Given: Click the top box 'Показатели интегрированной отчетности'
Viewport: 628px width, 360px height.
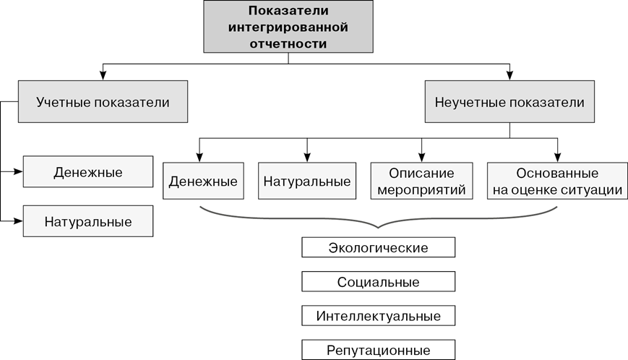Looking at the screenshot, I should (x=288, y=27).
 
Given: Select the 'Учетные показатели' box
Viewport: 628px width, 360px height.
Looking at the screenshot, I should (x=103, y=102).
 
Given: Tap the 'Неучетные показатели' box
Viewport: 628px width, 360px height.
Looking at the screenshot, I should (x=509, y=102).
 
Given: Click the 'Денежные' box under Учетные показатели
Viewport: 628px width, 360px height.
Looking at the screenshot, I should (x=87, y=173).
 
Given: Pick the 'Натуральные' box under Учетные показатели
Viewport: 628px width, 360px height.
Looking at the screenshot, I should (x=87, y=221).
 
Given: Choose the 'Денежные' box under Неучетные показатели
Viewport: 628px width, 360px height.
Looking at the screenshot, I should (x=203, y=181).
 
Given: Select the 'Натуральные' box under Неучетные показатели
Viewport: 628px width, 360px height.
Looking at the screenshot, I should (x=307, y=181).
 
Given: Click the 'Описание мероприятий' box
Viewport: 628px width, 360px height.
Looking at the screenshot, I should (x=421, y=181).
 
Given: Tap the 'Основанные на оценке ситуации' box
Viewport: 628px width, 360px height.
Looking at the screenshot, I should (x=557, y=181).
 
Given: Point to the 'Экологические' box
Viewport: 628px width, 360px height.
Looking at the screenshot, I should (x=378, y=248).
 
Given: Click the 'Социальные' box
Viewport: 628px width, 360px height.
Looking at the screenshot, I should (x=378, y=282).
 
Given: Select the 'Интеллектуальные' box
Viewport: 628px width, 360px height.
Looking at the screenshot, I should (x=378, y=316).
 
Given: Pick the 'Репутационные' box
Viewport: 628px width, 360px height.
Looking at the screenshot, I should (x=378, y=350).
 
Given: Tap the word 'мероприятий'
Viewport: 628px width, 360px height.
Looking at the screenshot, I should (x=421, y=190).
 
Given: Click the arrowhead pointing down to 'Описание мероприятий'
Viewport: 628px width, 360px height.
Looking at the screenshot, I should (x=422, y=157).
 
